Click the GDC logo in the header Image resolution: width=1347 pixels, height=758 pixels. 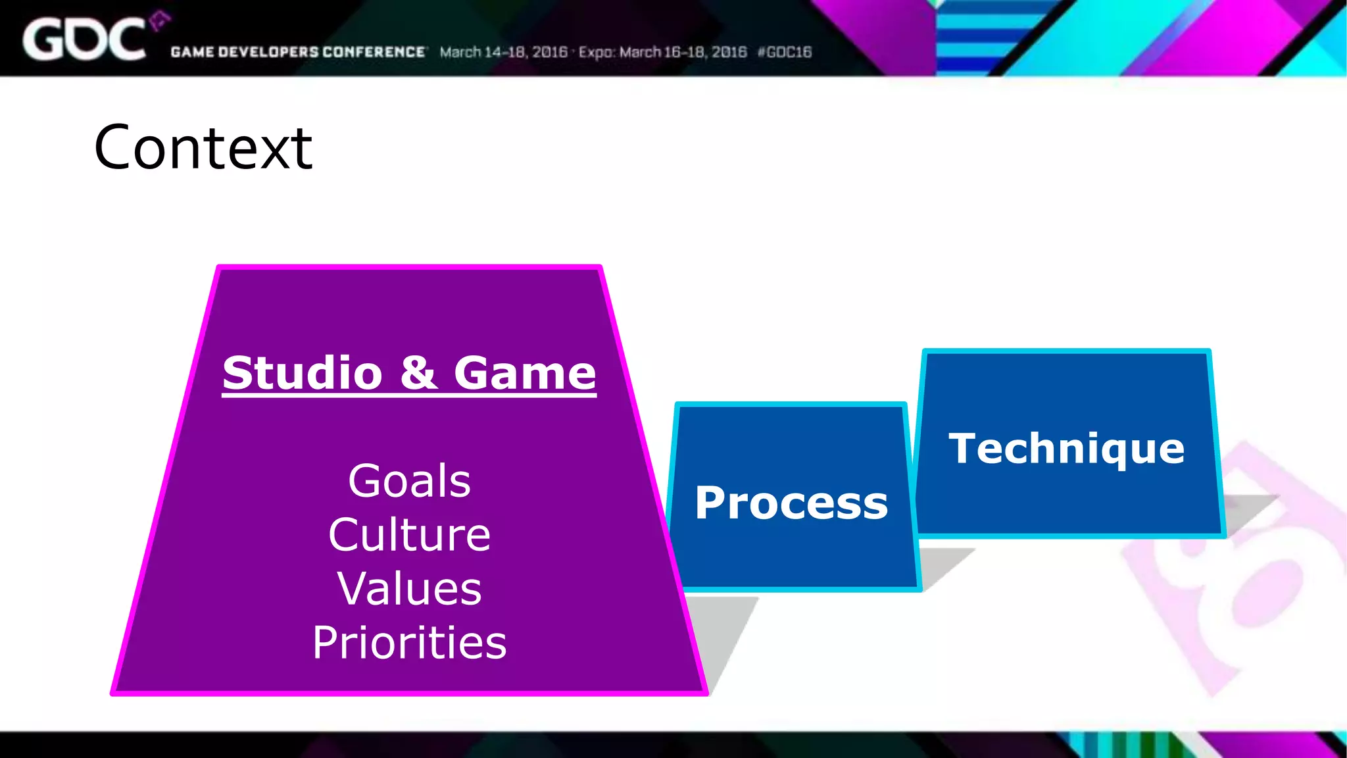[84, 39]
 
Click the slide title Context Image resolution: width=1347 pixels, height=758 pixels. [203, 148]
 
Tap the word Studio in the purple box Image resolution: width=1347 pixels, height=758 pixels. [303, 372]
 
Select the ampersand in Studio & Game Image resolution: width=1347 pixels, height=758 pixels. [418, 372]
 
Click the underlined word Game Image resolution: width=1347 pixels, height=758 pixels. [525, 372]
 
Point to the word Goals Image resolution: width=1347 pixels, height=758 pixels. [409, 480]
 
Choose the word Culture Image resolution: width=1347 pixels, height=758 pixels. [409, 534]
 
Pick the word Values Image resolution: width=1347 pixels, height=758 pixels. [409, 588]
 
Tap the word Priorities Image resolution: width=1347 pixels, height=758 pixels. [409, 643]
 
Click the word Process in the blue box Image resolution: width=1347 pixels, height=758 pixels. [791, 503]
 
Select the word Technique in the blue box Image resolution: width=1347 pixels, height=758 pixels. [1066, 449]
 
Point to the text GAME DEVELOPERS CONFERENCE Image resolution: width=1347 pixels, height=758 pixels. [298, 52]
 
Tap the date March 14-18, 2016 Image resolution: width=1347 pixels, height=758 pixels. [503, 52]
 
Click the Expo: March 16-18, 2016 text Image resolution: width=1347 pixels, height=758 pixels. [662, 52]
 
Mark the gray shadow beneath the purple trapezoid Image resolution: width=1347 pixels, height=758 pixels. [723, 632]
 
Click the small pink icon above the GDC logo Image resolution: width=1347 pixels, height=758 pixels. [159, 22]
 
